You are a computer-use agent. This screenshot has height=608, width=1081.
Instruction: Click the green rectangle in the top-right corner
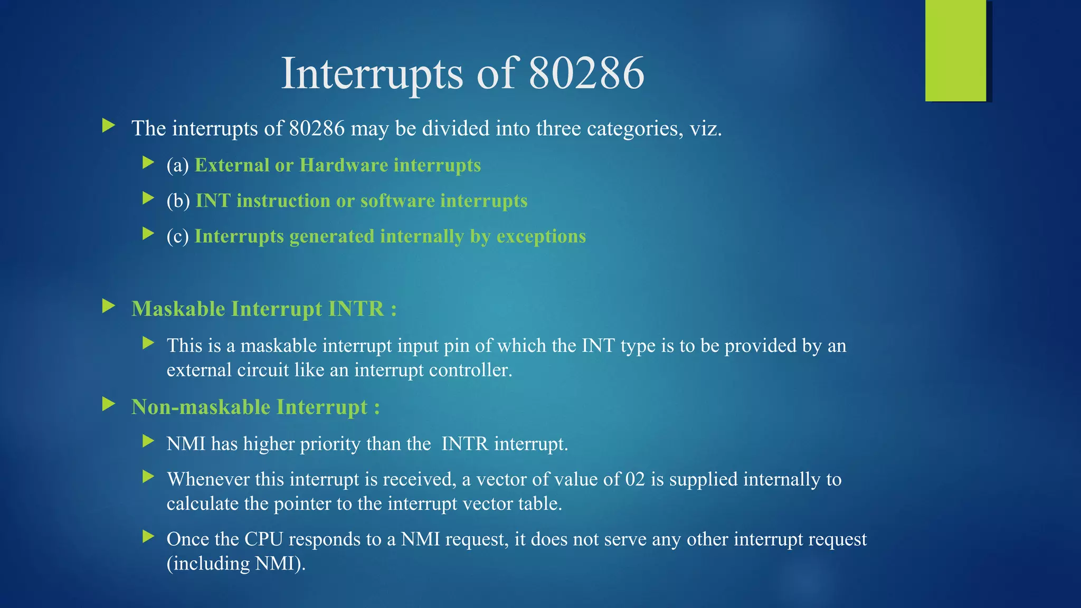point(955,51)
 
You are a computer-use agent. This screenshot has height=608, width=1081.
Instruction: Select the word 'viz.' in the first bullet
point(706,128)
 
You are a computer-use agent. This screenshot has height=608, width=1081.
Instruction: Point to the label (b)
point(178,201)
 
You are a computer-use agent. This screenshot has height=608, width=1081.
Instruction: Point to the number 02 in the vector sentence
point(635,479)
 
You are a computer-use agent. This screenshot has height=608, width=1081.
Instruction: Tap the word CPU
point(263,539)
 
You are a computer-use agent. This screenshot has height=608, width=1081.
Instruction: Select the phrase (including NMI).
point(236,564)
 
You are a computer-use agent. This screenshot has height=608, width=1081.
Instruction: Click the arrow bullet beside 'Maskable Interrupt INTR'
point(109,306)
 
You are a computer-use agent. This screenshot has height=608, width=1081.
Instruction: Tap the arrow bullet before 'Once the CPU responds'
point(148,537)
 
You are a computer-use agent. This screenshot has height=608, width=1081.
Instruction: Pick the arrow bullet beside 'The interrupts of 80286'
point(109,126)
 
